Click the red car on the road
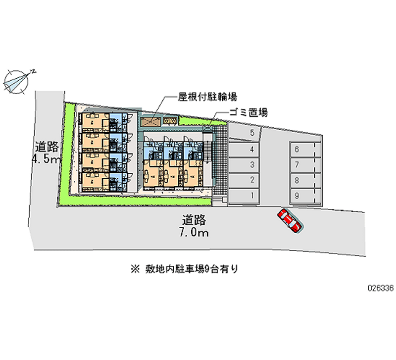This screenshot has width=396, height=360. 290,221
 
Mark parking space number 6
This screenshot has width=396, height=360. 303,150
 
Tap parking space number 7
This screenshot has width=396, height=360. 303,165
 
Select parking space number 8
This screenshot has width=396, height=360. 303,180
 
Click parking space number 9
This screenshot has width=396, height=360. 303,196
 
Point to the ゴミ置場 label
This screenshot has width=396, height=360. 248,112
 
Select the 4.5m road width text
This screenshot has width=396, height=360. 46,159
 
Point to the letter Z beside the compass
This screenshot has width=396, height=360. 33,71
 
